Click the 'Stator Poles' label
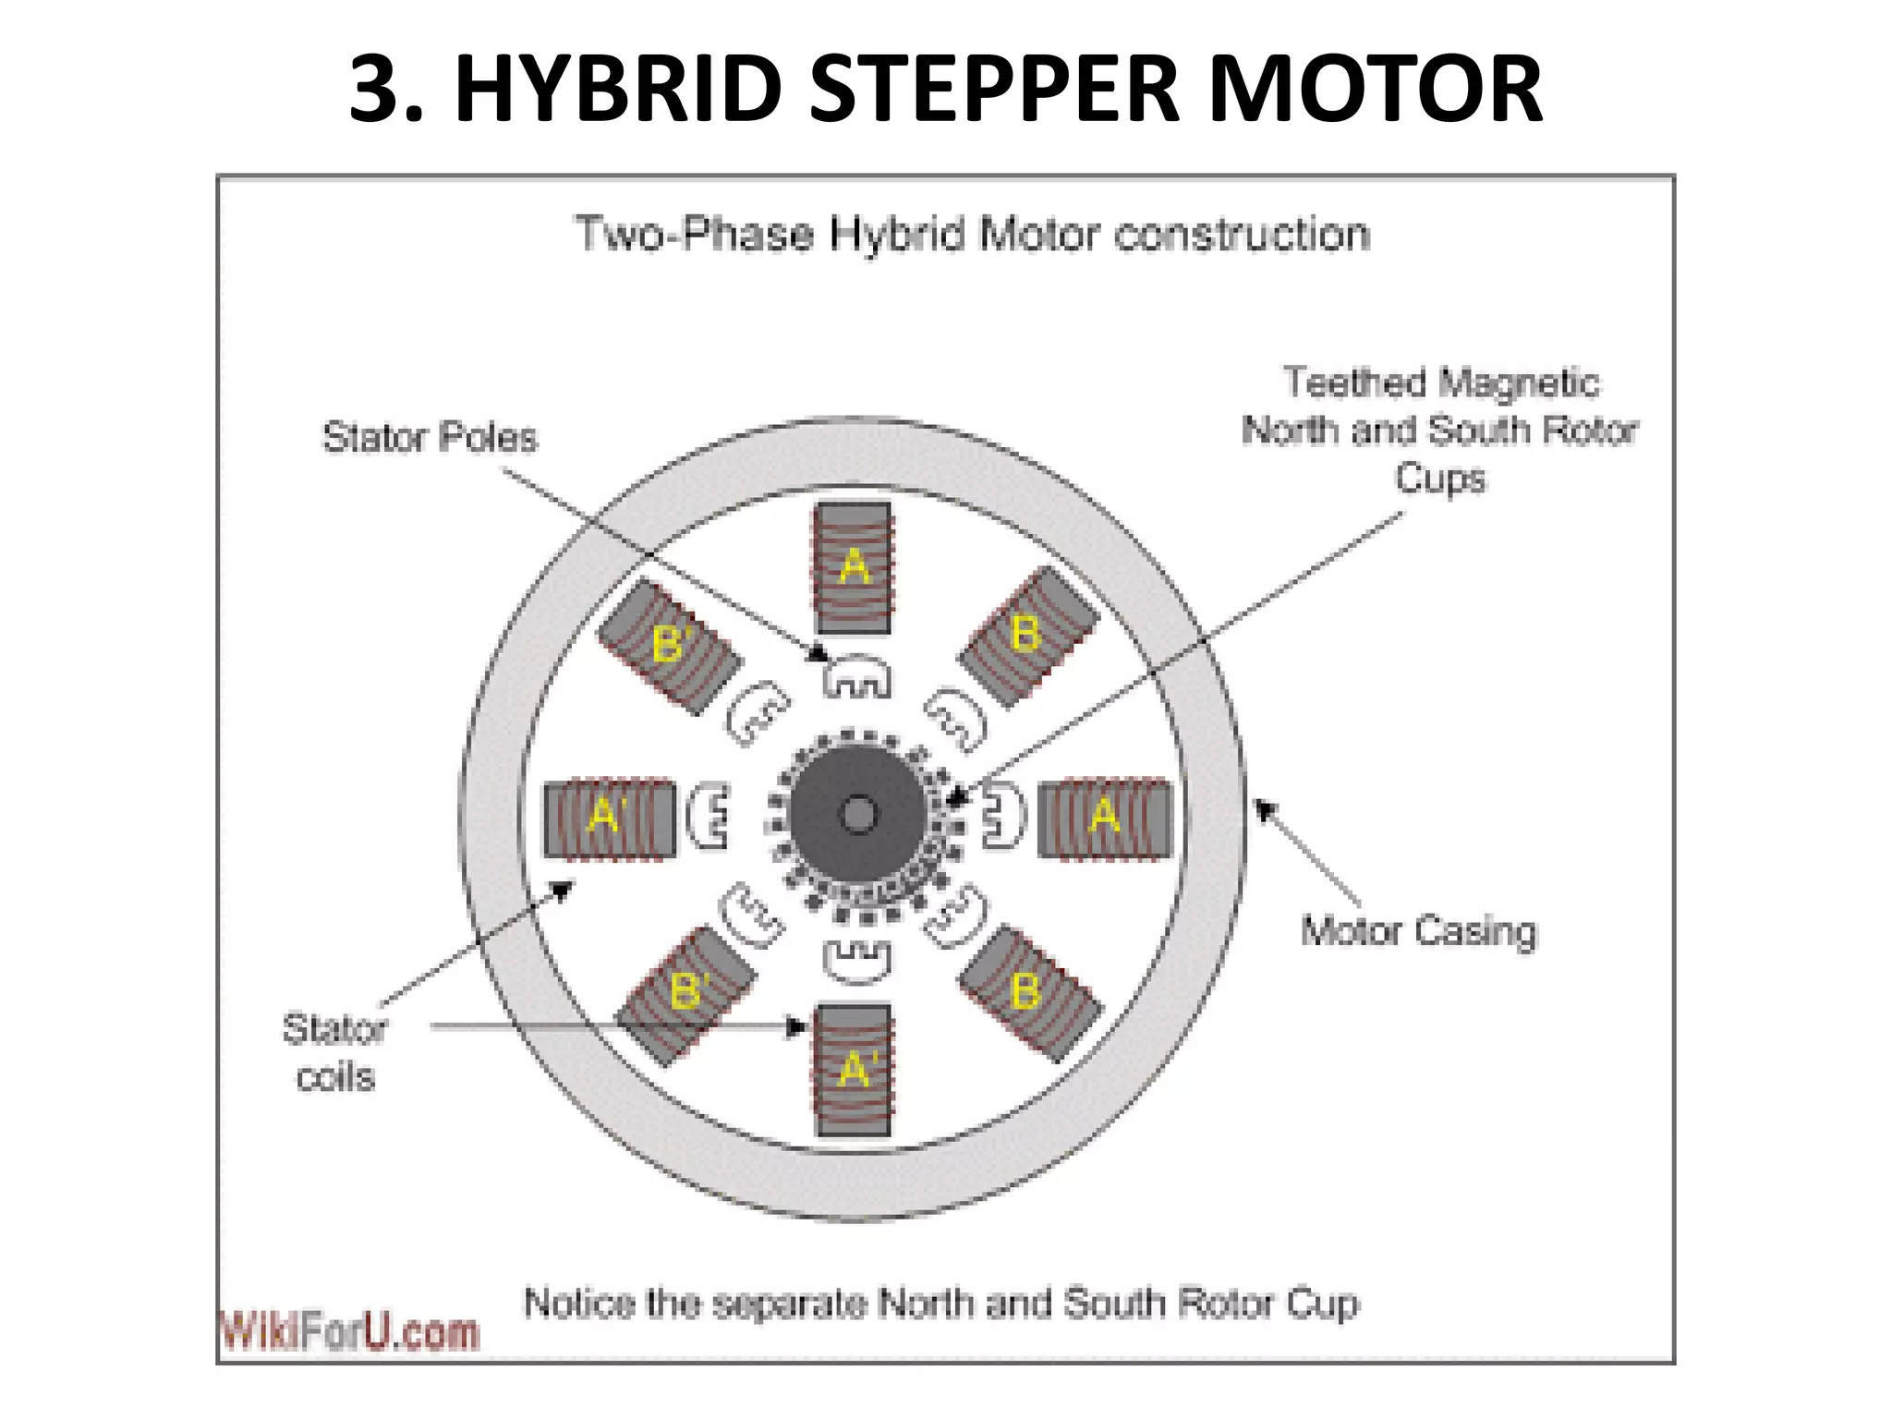tap(430, 437)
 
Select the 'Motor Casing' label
tap(1418, 930)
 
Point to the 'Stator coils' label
tap(334, 1052)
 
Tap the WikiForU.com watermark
tap(349, 1331)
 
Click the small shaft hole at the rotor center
tap(858, 814)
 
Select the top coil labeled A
tap(853, 567)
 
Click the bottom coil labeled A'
tap(854, 1070)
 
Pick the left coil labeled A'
tap(609, 818)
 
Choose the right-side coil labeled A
tap(1104, 818)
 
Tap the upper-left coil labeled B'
tap(670, 645)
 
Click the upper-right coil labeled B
tap(1027, 636)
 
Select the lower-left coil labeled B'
tap(686, 994)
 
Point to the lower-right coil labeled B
tap(1029, 992)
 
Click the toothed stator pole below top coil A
tap(856, 677)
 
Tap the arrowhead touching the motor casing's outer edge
tap(1264, 809)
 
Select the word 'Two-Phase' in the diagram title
tap(693, 234)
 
